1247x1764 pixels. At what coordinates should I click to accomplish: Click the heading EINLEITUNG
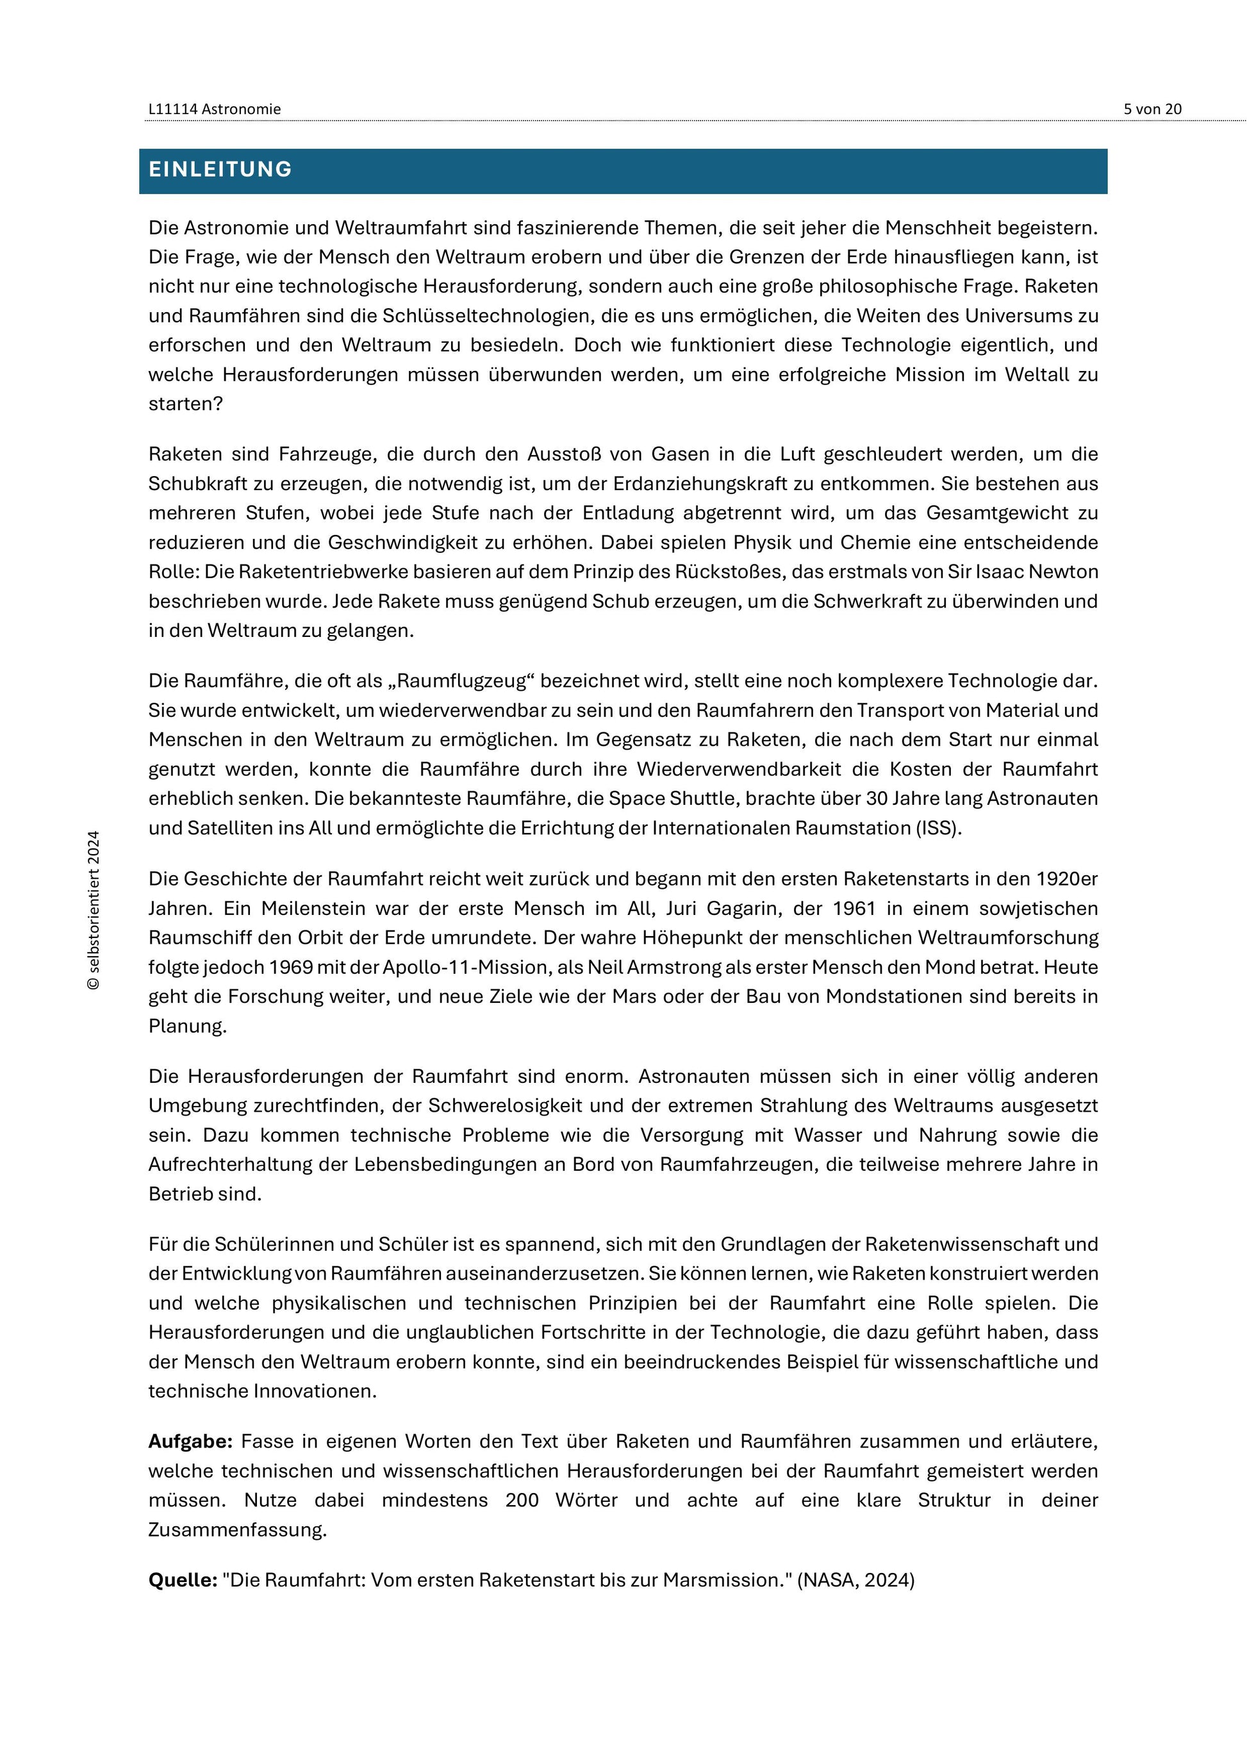(x=220, y=170)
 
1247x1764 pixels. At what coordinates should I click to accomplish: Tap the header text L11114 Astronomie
(x=215, y=109)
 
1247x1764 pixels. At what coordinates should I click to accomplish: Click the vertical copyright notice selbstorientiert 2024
(x=94, y=910)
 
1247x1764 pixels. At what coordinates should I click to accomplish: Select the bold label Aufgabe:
(x=190, y=1441)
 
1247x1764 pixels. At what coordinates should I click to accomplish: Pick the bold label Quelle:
(x=183, y=1579)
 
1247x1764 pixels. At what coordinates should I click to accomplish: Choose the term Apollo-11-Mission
(x=447, y=968)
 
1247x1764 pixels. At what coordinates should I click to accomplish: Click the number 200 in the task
(x=522, y=1500)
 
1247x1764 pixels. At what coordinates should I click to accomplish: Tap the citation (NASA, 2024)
(x=856, y=1579)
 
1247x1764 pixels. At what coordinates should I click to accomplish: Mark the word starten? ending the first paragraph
(x=185, y=404)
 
